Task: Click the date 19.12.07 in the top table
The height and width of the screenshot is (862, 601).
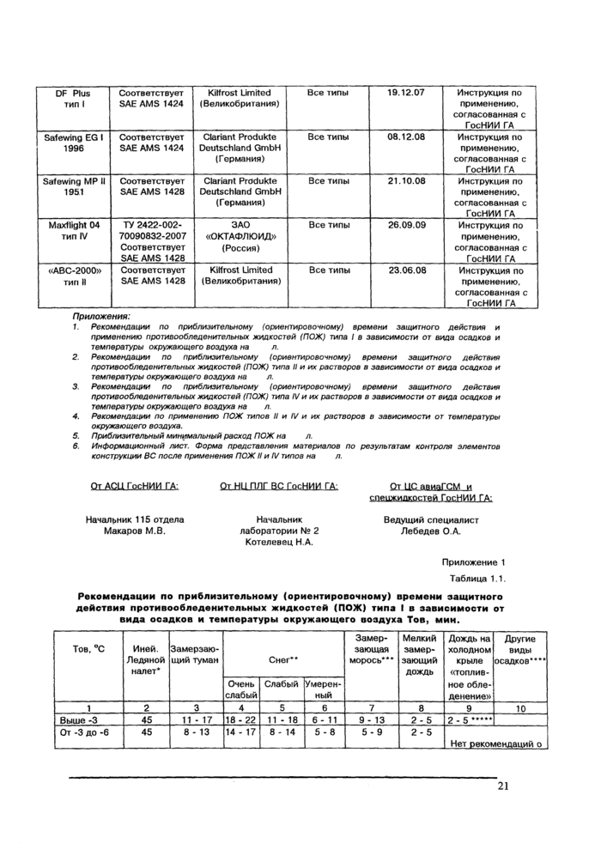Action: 406,93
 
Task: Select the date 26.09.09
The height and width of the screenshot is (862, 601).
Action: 406,225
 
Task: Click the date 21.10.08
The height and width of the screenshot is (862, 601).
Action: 406,181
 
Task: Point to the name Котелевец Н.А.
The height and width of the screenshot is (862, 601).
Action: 279,543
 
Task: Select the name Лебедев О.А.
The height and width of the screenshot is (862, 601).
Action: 430,531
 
